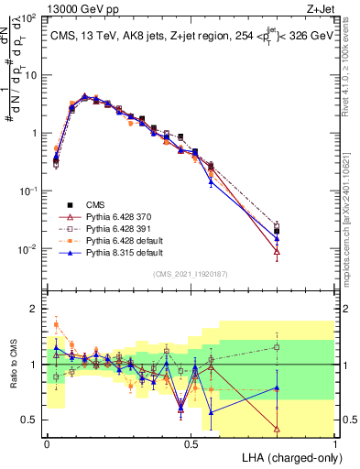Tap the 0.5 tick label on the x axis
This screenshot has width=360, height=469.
tap(191, 443)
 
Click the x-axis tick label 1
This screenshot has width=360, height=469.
tap(335, 443)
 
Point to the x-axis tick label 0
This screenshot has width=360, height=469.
tap(47, 443)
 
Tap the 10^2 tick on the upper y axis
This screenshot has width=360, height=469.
tap(28, 18)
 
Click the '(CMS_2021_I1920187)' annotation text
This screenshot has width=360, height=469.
tap(191, 272)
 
